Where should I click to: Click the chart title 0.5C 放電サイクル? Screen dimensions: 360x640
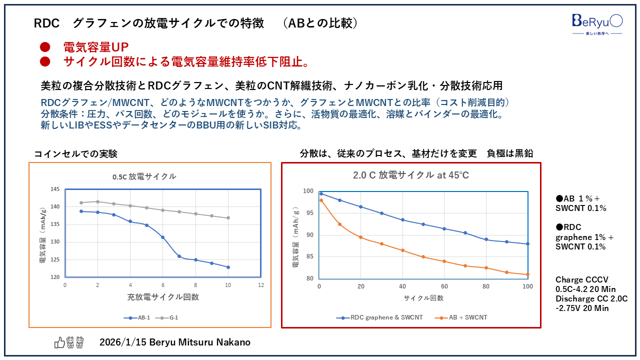tap(144, 176)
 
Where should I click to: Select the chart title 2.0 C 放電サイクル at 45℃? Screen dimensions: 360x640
tap(411, 175)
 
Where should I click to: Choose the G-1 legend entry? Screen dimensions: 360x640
tap(170, 317)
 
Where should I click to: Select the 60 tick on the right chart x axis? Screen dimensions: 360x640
tap(444, 286)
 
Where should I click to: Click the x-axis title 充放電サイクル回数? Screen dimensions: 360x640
tap(163, 297)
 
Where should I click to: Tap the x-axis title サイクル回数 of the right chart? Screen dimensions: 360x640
tap(423, 298)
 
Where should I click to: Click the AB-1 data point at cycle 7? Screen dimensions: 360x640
tap(179, 256)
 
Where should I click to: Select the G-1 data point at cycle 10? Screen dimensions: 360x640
tap(228, 217)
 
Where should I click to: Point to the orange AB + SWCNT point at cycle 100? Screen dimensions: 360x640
tap(527, 274)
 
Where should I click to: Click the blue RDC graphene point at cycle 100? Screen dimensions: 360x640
tap(527, 244)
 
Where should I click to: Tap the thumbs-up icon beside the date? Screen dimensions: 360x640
tap(59, 342)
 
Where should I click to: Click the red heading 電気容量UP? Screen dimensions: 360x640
tap(96, 47)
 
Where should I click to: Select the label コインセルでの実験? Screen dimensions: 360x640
tap(75, 154)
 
